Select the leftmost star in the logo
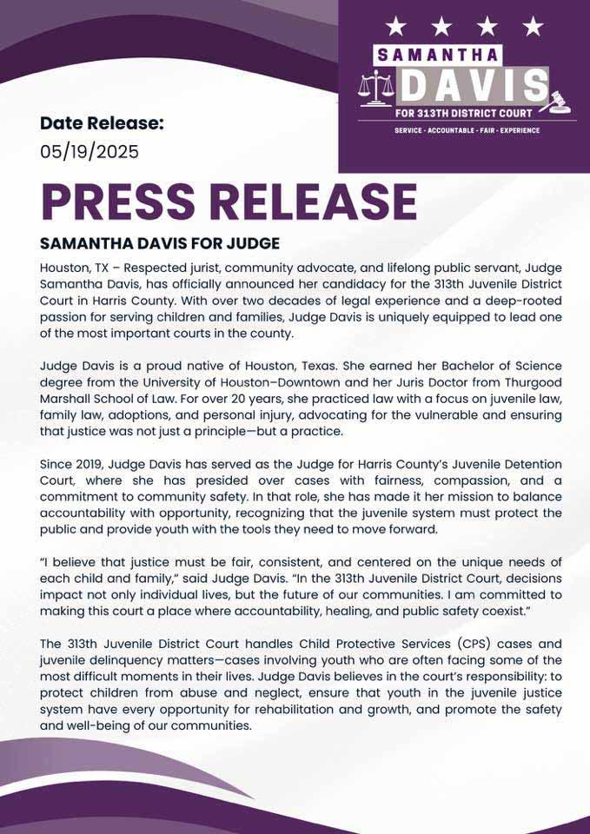tap(396, 25)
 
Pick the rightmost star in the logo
tap(533, 25)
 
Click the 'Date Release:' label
tap(101, 123)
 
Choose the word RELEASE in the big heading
tap(315, 201)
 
